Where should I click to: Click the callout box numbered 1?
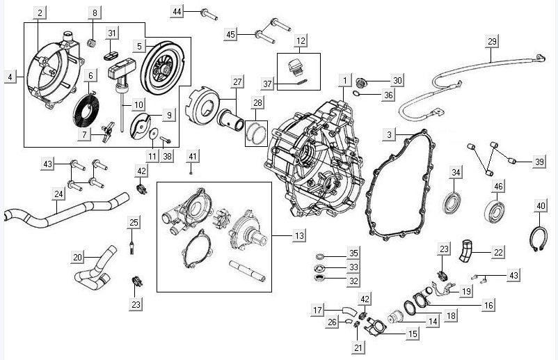pos(343,81)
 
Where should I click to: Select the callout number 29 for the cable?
pos(492,42)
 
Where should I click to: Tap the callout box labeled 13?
pos(299,237)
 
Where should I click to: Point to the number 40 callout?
pos(541,205)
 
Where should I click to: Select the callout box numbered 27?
pos(237,82)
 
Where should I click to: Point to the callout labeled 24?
pos(59,194)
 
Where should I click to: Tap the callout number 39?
pos(540,162)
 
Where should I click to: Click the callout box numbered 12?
pos(300,42)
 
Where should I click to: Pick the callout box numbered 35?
pos(353,253)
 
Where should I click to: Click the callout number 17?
pos(318,310)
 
